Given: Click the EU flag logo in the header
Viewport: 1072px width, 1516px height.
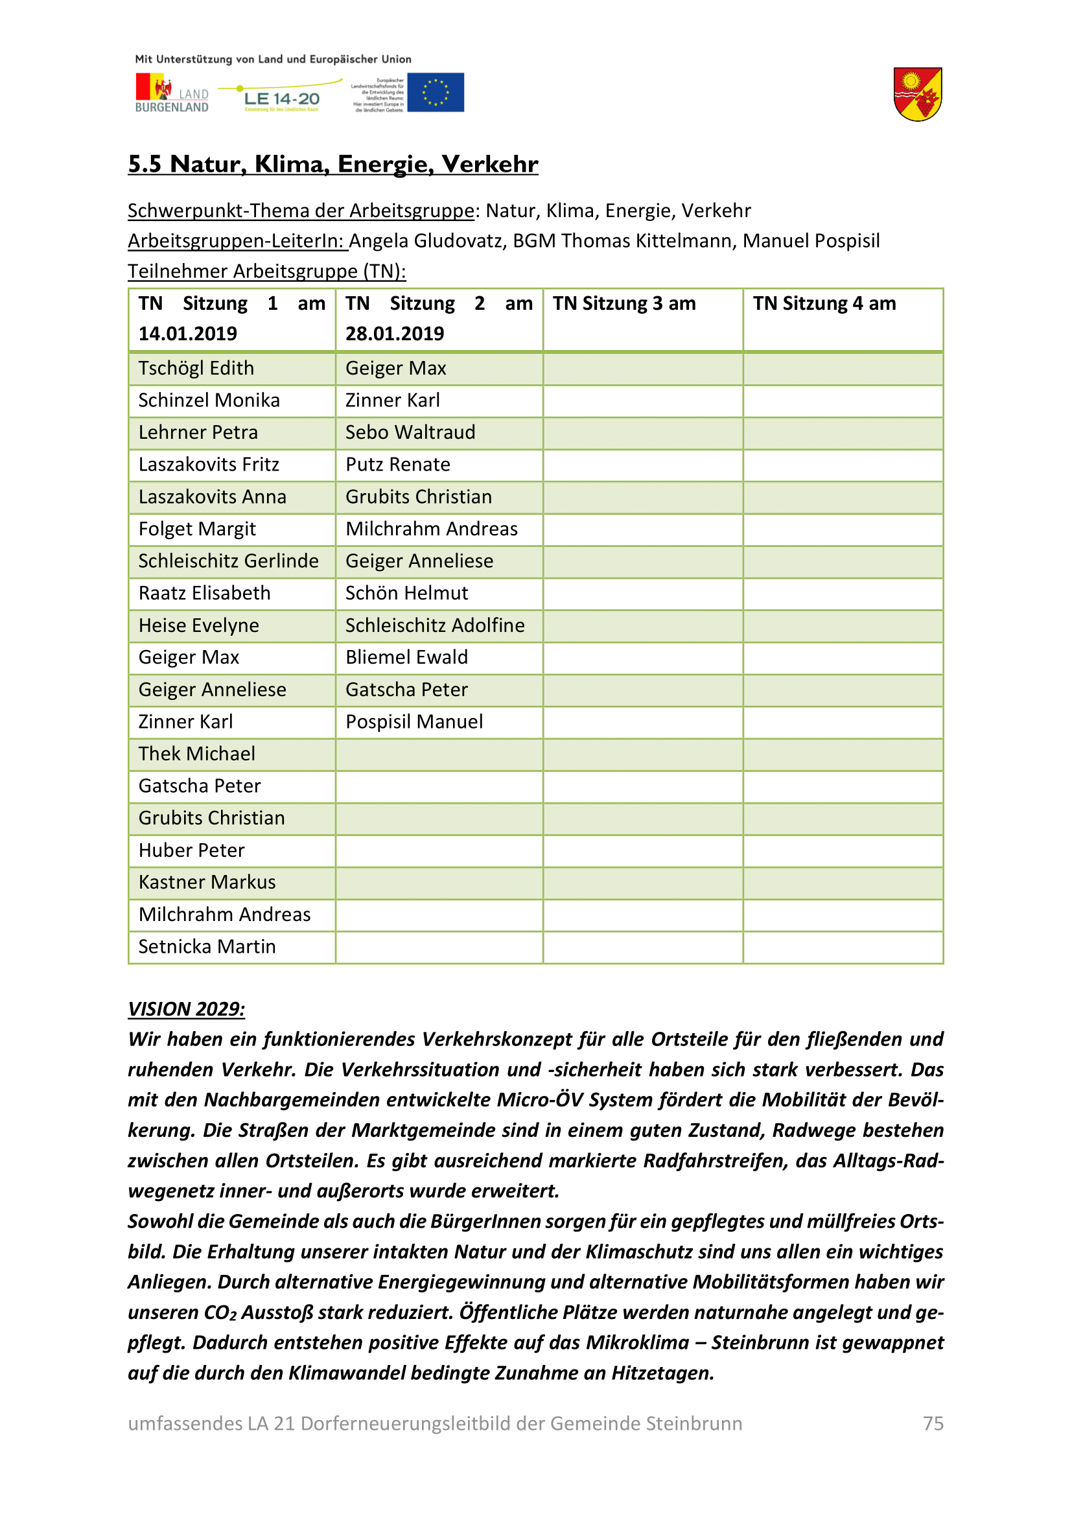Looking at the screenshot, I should (x=435, y=93).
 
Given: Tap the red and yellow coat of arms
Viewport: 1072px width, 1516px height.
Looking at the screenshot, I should (x=918, y=95).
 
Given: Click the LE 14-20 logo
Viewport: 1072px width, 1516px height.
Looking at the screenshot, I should (x=282, y=99).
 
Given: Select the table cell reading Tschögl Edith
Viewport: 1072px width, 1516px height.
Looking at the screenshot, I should (x=196, y=368).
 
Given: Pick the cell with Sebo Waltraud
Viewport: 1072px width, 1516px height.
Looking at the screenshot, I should (x=410, y=432).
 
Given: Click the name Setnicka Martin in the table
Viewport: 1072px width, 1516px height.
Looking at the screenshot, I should (x=207, y=947).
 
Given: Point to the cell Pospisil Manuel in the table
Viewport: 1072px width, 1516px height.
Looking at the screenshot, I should (x=414, y=721).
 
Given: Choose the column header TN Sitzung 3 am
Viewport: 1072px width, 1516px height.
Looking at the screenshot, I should (x=623, y=304).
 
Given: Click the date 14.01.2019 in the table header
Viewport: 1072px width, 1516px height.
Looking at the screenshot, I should (x=187, y=334).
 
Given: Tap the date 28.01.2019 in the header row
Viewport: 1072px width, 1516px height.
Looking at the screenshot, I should (x=395, y=334).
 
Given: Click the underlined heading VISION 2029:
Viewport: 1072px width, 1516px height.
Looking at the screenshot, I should (x=186, y=1009).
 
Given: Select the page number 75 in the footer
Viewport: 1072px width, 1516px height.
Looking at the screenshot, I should (x=933, y=1423).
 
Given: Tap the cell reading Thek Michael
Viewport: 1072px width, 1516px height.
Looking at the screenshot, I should (x=197, y=754).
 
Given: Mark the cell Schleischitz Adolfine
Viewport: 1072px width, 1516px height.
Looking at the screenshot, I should (x=435, y=625).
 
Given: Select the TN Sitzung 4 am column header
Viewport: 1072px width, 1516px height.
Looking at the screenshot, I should (x=824, y=304).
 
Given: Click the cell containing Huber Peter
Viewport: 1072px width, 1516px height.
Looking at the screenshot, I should (x=191, y=850).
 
